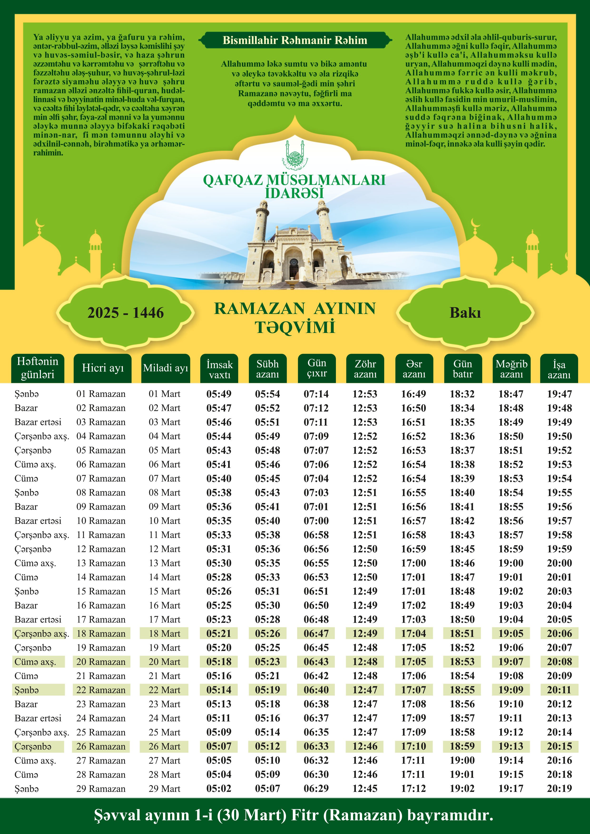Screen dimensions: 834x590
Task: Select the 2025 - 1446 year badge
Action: [x=125, y=313]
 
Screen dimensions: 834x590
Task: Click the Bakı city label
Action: [x=465, y=313]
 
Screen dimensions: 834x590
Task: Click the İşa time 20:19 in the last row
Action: [x=560, y=789]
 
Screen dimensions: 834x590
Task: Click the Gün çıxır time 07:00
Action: [x=316, y=521]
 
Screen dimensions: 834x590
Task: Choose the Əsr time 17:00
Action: [x=413, y=563]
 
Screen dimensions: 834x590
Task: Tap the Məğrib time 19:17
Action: [x=511, y=789]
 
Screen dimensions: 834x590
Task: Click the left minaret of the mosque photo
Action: [x=261, y=222]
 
